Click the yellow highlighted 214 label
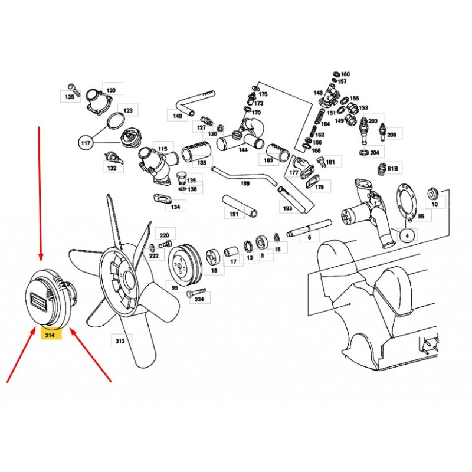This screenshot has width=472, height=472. [51, 335]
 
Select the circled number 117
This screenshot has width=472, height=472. [86, 143]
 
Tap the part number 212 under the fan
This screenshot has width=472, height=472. [120, 341]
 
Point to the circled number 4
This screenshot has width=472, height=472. [407, 236]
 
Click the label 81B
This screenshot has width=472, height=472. [392, 169]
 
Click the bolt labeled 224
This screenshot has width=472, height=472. [196, 293]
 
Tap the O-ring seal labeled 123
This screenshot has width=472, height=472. [116, 121]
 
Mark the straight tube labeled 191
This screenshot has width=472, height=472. [240, 206]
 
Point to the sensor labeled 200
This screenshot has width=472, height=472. [382, 132]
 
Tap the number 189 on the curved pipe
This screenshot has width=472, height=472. [245, 183]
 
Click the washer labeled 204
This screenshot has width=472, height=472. [365, 153]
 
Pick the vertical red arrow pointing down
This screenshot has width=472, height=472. [40, 194]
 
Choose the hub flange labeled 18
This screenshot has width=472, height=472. [213, 257]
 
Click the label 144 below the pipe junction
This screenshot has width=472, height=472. [243, 150]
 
